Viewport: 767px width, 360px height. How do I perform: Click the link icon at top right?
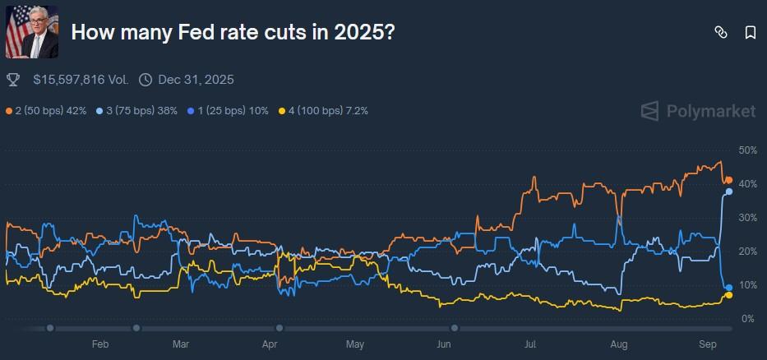pyautogui.click(x=721, y=32)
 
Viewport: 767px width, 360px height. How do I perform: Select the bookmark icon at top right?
pyautogui.click(x=750, y=32)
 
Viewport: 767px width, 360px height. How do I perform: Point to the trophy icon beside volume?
pyautogui.click(x=13, y=80)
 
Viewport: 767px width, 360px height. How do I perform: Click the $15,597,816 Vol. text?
pyautogui.click(x=81, y=80)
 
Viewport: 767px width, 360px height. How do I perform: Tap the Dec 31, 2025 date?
pyautogui.click(x=196, y=80)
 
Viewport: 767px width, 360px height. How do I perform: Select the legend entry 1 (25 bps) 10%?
pyautogui.click(x=228, y=110)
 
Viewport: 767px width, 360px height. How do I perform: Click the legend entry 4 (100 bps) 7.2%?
pyautogui.click(x=324, y=110)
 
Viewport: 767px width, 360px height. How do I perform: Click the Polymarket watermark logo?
pyautogui.click(x=698, y=111)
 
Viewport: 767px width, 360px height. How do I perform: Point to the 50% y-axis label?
pyautogui.click(x=747, y=150)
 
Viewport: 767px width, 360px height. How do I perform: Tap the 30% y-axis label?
pyautogui.click(x=747, y=218)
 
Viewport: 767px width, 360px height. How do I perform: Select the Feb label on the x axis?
pyautogui.click(x=100, y=345)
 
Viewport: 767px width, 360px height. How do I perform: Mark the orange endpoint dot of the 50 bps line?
pyautogui.click(x=728, y=180)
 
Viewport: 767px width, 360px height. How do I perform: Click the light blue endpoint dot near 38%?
pyautogui.click(x=729, y=192)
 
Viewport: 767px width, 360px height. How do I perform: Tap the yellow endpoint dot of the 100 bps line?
pyautogui.click(x=728, y=295)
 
